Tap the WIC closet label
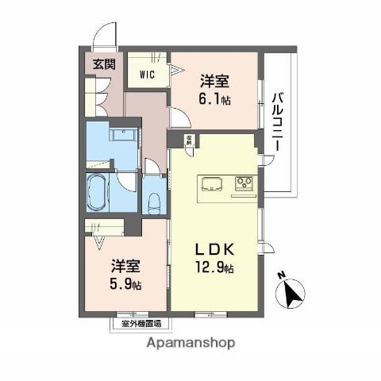tap(147, 75)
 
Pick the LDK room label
tap(215, 248)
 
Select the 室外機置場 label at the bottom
tap(141, 323)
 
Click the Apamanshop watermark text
tap(190, 344)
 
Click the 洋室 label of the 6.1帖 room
tap(215, 80)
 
